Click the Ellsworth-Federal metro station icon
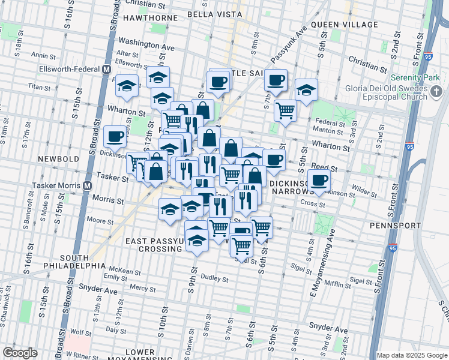(106, 69)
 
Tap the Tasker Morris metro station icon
(88, 185)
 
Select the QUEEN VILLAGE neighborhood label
(344, 25)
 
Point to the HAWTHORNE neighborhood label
(150, 18)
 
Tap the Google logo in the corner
(19, 353)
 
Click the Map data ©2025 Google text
(412, 355)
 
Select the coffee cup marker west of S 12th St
(114, 136)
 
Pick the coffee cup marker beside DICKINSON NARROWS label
(319, 179)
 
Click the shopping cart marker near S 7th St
(285, 110)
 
